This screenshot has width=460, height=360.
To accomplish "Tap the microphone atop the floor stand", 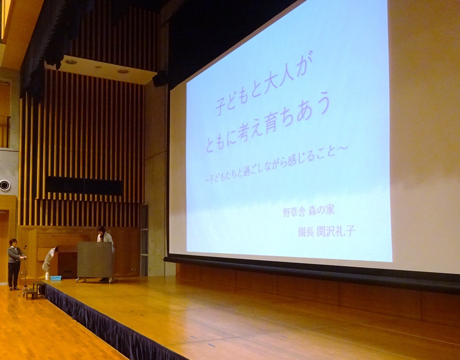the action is point(25,247).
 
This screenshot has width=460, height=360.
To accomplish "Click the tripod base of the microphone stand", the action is point(24,290).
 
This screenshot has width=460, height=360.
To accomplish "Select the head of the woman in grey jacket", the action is point(13,243).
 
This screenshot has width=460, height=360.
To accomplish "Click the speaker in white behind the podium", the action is point(105,236).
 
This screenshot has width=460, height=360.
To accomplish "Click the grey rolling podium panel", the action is point(95,260).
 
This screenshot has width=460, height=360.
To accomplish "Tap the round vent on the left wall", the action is point(4,185).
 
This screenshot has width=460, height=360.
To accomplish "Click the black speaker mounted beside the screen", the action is point(159,79).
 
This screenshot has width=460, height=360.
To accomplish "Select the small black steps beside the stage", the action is point(35,290).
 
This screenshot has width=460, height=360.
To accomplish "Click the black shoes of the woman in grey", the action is point(13,288).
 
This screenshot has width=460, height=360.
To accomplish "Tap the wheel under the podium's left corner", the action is point(78,280).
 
